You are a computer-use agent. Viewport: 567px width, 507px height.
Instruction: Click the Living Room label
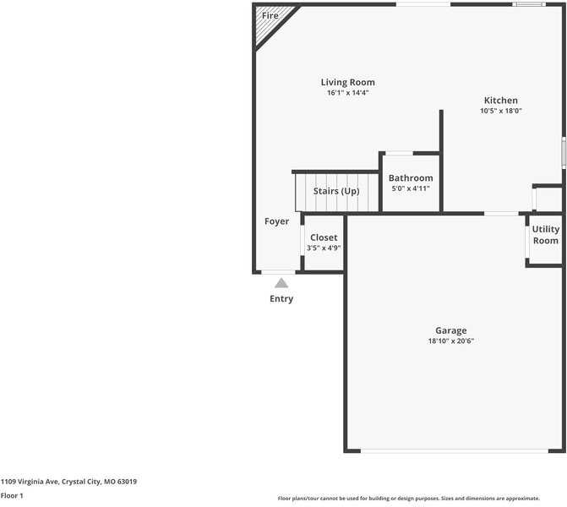pyautogui.click(x=348, y=83)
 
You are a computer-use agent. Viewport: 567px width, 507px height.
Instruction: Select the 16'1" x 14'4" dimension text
pyautogui.click(x=348, y=93)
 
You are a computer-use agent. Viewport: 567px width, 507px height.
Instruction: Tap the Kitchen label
pyautogui.click(x=501, y=101)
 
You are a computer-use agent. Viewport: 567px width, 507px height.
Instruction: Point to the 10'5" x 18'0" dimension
pyautogui.click(x=501, y=111)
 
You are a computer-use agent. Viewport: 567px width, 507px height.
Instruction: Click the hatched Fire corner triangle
pyautogui.click(x=270, y=22)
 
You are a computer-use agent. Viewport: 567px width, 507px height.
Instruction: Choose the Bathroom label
pyautogui.click(x=411, y=178)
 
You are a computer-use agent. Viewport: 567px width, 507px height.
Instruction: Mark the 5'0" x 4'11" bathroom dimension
pyautogui.click(x=411, y=188)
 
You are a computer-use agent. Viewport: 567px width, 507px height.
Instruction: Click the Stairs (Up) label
pyautogui.click(x=336, y=191)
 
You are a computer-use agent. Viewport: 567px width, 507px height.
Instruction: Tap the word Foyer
pyautogui.click(x=276, y=221)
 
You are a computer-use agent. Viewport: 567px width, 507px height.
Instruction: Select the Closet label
pyautogui.click(x=324, y=237)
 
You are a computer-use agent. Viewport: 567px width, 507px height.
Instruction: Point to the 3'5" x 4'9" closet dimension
pyautogui.click(x=324, y=248)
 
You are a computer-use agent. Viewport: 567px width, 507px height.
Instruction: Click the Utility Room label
pyautogui.click(x=546, y=235)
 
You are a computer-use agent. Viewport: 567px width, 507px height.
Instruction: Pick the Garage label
pyautogui.click(x=451, y=330)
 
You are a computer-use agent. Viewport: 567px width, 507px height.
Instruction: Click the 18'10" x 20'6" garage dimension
pyautogui.click(x=451, y=341)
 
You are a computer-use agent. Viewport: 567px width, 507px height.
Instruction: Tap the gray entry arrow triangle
pyautogui.click(x=281, y=283)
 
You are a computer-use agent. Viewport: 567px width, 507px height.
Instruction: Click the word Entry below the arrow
pyautogui.click(x=281, y=298)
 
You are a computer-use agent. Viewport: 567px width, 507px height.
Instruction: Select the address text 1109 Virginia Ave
pyautogui.click(x=30, y=482)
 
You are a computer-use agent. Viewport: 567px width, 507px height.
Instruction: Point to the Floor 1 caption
pyautogui.click(x=12, y=495)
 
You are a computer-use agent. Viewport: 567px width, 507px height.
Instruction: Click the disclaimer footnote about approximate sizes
pyautogui.click(x=409, y=499)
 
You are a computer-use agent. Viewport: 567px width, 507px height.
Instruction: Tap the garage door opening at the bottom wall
pyautogui.click(x=455, y=451)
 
